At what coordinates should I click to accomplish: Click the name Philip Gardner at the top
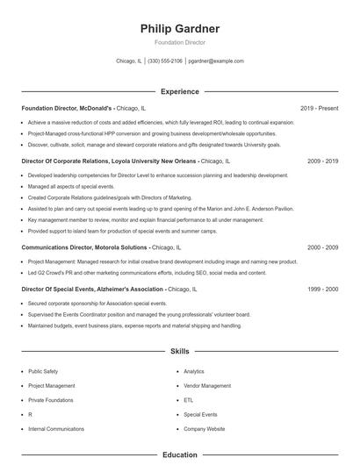pos(180,29)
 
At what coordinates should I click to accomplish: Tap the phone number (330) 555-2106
pos(165,61)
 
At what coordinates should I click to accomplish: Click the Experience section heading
pos(180,91)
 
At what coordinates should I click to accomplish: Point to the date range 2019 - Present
pos(319,108)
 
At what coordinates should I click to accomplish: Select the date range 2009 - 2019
pos(322,161)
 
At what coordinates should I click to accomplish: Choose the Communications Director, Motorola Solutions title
pos(84,247)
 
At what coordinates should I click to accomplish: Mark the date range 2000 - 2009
pos(322,247)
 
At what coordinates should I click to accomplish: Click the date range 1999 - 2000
pos(322,289)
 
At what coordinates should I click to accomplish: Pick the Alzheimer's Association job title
pos(92,289)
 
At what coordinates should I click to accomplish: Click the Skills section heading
pos(180,351)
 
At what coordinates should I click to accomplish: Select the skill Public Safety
pos(43,371)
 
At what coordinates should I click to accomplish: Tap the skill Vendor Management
pos(207,385)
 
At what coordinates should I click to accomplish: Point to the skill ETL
pos(188,399)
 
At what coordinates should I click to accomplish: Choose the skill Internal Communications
pos(56,428)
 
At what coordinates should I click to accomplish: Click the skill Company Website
pos(205,428)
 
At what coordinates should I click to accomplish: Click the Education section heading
pos(180,455)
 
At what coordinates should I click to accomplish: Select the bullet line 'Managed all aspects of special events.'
pos(71,186)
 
